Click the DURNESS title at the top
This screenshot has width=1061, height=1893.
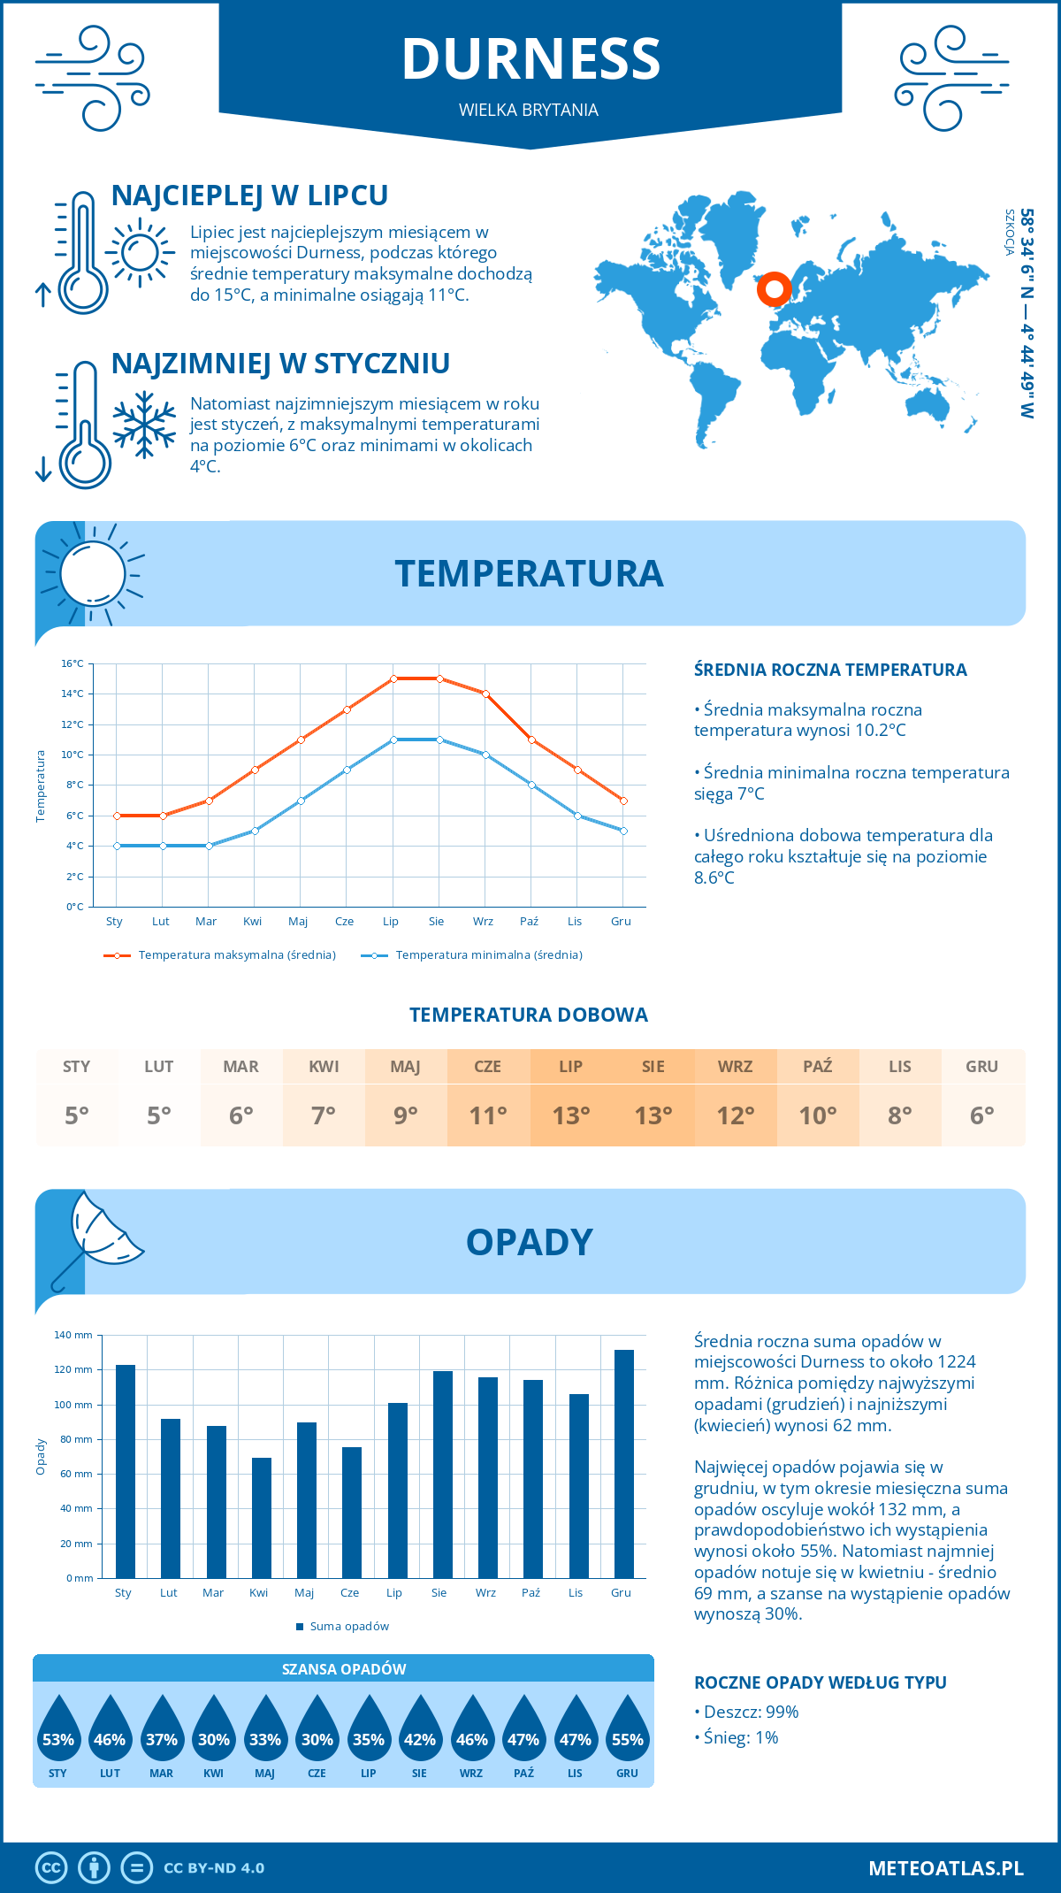point(530,59)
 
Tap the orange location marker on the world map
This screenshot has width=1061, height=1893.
point(775,288)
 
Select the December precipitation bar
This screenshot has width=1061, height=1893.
point(624,1463)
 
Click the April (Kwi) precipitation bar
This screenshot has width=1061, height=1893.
point(262,1517)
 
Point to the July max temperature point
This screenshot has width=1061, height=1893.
point(393,678)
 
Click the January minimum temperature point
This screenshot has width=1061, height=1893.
point(117,846)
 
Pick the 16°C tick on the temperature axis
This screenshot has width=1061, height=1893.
point(73,663)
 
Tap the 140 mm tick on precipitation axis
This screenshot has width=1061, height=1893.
point(74,1335)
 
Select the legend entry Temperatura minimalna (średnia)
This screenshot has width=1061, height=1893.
point(488,955)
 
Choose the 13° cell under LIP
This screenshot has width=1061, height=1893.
point(570,1115)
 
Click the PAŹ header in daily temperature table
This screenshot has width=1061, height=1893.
point(817,1066)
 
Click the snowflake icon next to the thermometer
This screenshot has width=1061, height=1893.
point(144,425)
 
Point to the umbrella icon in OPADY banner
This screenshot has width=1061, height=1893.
point(97,1234)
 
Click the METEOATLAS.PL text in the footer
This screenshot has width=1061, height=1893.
point(945,1867)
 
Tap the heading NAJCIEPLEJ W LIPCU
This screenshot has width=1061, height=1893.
point(249,195)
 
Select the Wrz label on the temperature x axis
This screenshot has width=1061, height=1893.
point(483,921)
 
